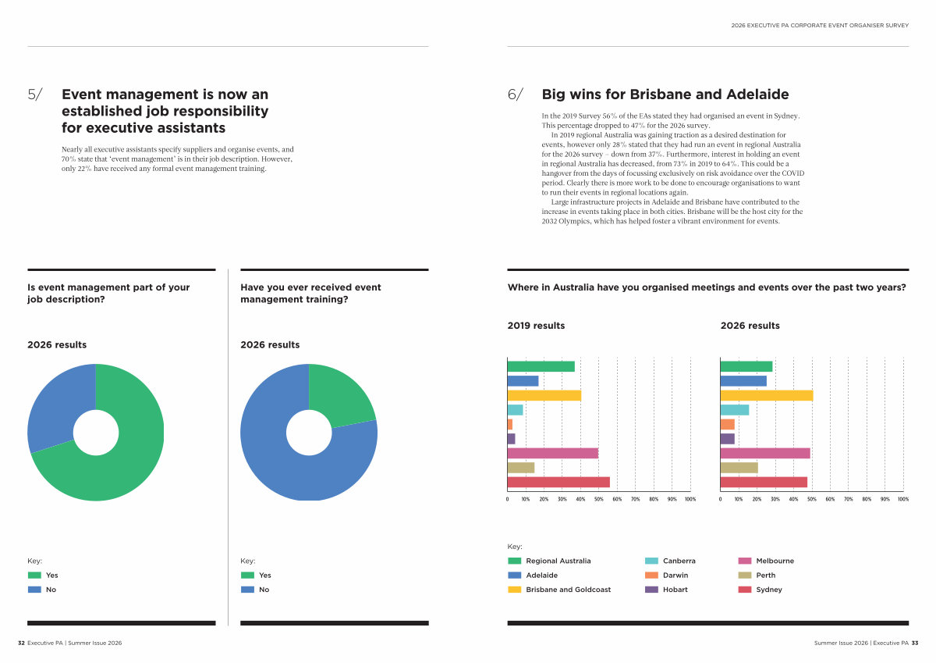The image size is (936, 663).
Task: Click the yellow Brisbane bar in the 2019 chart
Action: (x=544, y=395)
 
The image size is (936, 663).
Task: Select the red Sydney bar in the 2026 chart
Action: (x=764, y=482)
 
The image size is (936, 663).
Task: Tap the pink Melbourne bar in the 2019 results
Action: (x=552, y=453)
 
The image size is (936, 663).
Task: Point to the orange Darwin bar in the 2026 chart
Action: (x=727, y=424)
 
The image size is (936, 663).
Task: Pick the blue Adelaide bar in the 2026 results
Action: (x=743, y=381)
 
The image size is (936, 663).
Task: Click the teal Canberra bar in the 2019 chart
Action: (x=515, y=410)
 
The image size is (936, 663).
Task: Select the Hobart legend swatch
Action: (x=652, y=590)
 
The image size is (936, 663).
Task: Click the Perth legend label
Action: (x=765, y=576)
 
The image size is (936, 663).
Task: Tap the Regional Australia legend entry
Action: (x=558, y=561)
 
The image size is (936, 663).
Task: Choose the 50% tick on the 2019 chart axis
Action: (x=598, y=499)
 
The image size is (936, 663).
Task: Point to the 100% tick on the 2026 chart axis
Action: (x=902, y=499)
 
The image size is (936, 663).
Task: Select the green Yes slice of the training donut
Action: (x=343, y=394)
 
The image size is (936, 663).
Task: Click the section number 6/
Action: (x=516, y=95)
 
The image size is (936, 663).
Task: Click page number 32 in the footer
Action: (x=22, y=643)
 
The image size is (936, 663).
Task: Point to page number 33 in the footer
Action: (x=915, y=643)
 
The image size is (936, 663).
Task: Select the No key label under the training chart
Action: (x=264, y=590)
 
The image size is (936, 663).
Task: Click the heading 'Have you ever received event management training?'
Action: (x=310, y=293)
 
